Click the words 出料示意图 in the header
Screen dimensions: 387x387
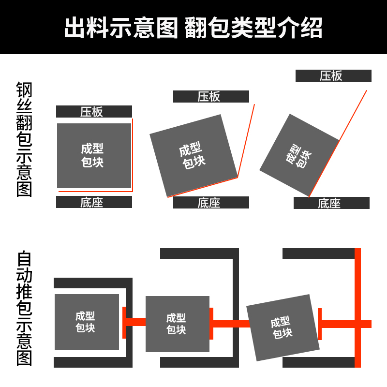121,28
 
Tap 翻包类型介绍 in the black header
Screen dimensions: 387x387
253,28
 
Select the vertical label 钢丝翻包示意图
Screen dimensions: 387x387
24,139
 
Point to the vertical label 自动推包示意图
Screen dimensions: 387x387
24,308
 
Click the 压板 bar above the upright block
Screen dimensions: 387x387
94,112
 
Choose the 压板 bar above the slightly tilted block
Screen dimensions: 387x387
211,97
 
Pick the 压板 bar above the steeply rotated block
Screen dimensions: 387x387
333,76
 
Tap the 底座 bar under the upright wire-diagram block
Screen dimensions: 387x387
94,202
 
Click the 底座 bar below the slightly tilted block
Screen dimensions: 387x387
211,203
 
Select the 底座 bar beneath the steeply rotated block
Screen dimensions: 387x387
331,203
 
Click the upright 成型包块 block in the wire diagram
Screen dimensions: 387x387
94,155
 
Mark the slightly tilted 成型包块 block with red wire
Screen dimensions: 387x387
193,156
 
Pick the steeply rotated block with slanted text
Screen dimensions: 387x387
299,155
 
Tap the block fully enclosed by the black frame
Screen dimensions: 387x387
87,322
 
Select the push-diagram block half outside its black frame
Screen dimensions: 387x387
177,324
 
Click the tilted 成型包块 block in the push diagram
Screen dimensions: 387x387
283,327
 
